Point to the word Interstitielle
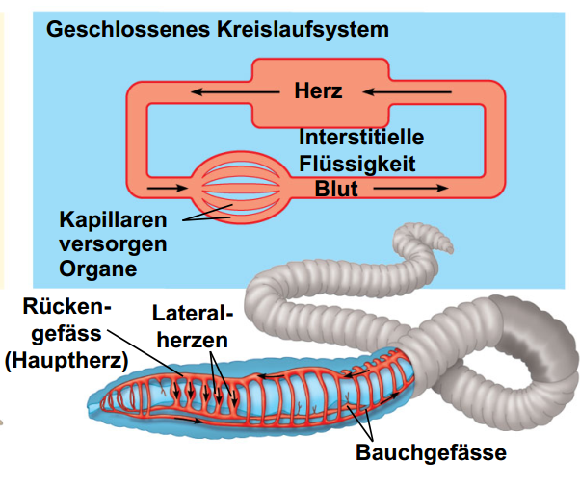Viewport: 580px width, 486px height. click(361, 137)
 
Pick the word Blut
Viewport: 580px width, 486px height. click(336, 189)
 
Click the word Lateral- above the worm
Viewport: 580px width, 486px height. click(193, 315)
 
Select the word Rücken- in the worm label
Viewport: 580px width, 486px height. click(66, 309)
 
